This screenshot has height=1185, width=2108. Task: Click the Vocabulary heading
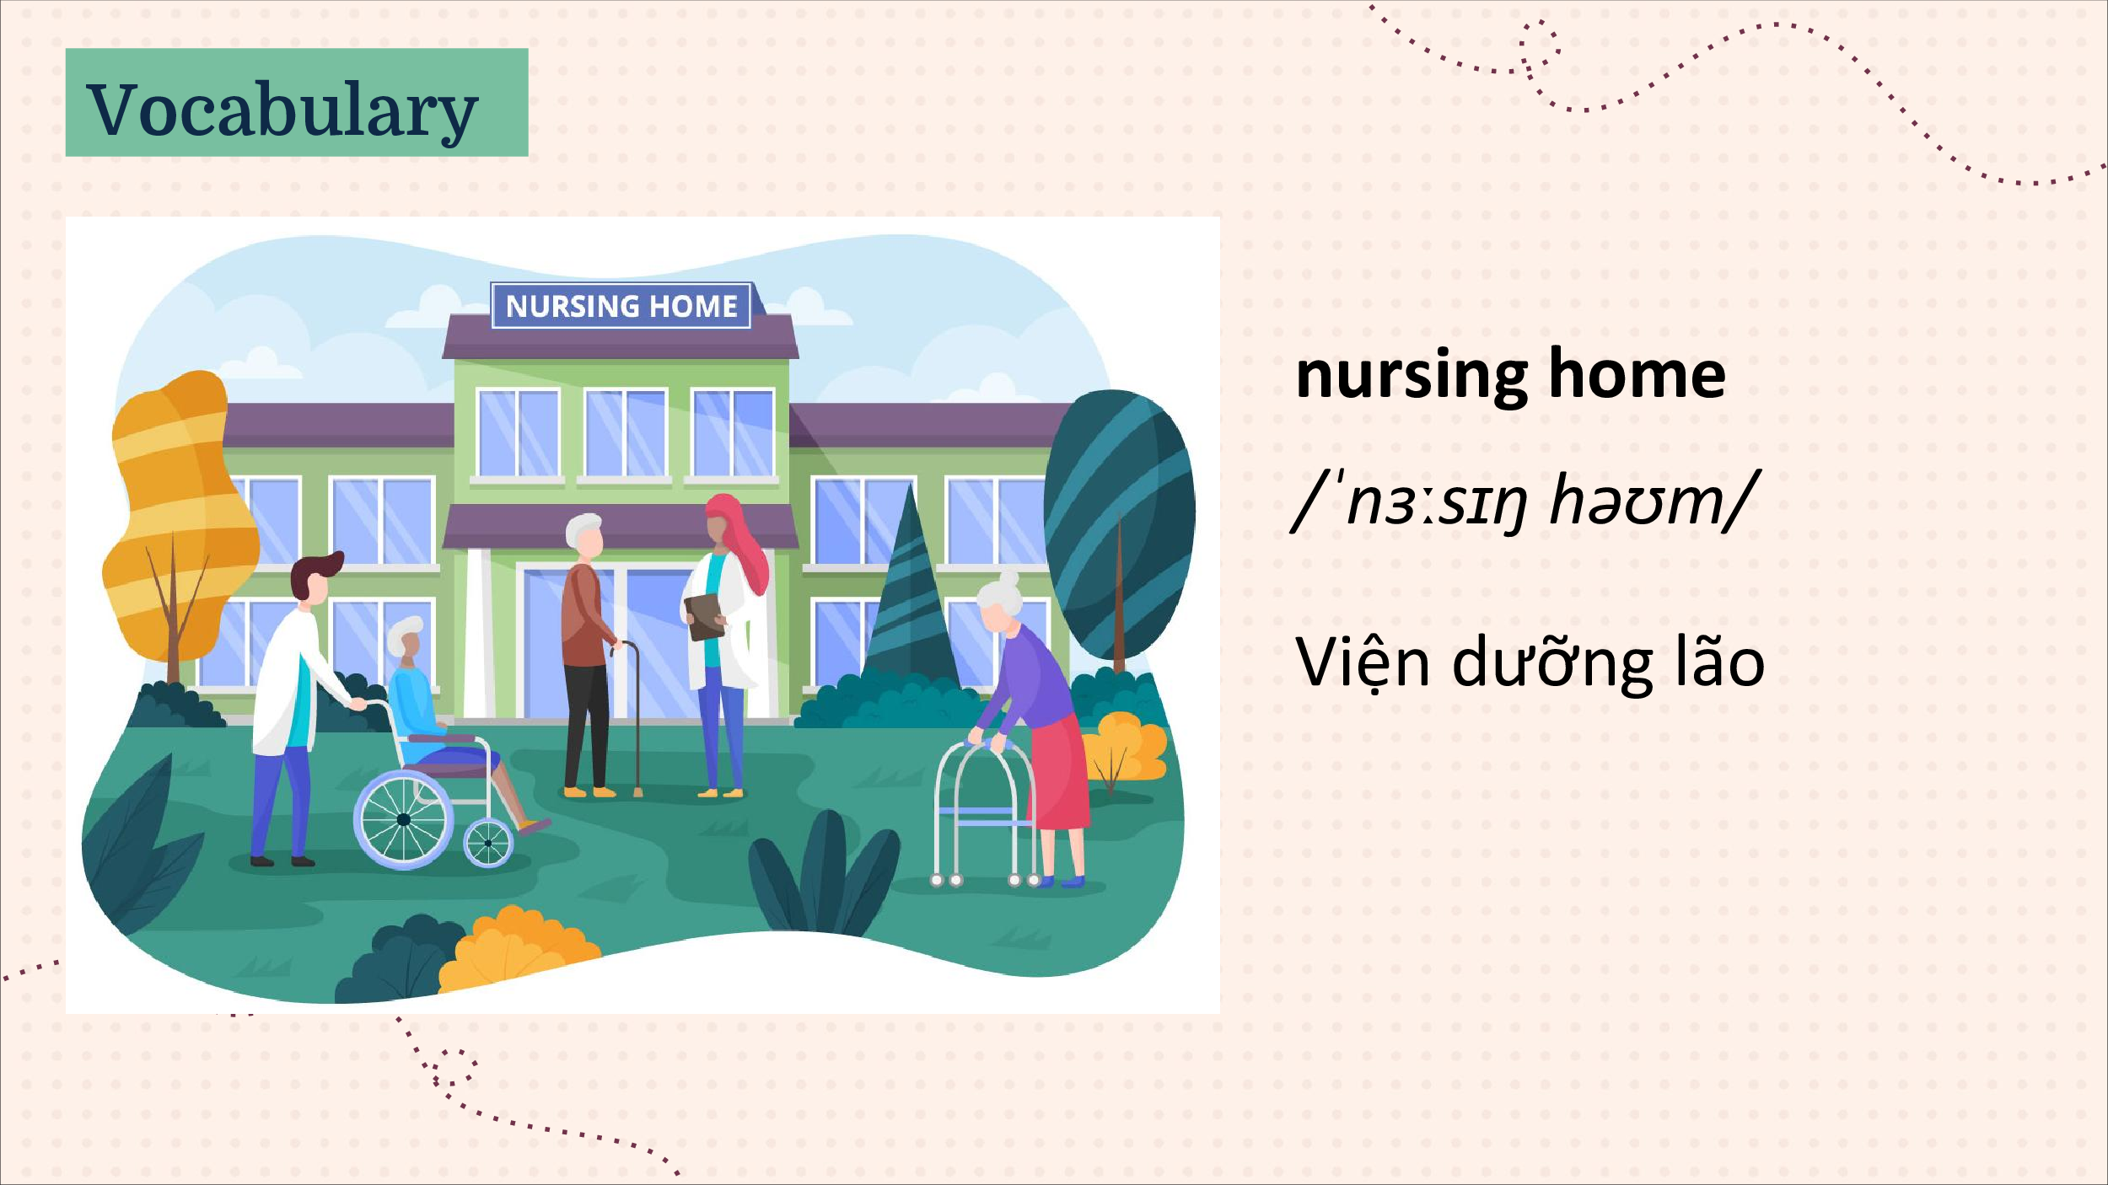pyautogui.click(x=282, y=110)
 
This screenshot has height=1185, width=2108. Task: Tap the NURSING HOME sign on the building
pyautogui.click(x=621, y=305)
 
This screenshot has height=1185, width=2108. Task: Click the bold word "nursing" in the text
pyautogui.click(x=1412, y=376)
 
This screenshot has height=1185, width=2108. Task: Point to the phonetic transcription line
pyautogui.click(x=1525, y=502)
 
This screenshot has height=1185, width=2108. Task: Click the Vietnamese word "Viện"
pyautogui.click(x=1363, y=662)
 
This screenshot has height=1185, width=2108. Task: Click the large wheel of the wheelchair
pyautogui.click(x=403, y=820)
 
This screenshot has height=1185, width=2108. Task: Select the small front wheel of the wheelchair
pyautogui.click(x=488, y=843)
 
